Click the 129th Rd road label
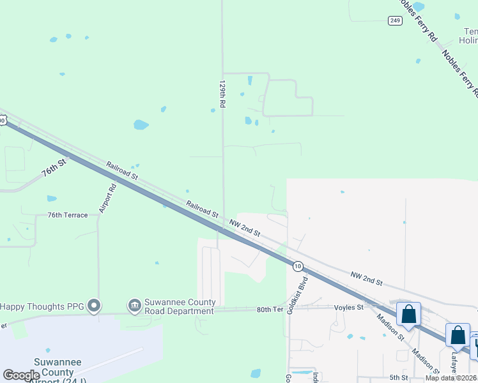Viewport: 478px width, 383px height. click(222, 94)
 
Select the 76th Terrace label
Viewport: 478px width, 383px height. click(67, 216)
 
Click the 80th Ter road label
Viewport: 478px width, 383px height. click(270, 310)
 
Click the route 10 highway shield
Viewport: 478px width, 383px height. click(298, 266)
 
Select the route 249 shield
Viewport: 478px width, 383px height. click(395, 20)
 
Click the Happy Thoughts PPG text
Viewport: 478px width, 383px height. click(42, 306)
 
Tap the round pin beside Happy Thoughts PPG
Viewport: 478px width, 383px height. click(94, 306)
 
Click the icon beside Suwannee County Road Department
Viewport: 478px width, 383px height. click(134, 306)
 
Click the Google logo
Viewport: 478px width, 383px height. click(22, 375)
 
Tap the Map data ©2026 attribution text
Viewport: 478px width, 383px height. click(451, 378)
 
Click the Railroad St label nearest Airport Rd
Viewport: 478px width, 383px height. click(123, 170)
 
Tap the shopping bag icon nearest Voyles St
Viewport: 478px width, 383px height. click(408, 315)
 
